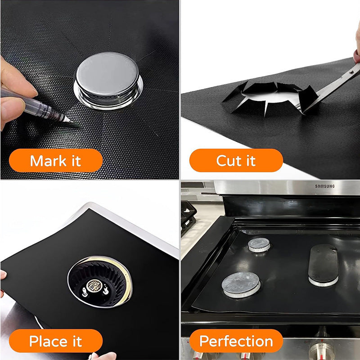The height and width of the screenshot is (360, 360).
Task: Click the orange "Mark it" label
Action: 55,161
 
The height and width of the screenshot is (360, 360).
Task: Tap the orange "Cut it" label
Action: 236,161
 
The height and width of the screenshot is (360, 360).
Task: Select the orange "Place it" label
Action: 55,341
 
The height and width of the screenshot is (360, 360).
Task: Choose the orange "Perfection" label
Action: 236,341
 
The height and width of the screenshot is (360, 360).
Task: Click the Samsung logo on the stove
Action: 324,186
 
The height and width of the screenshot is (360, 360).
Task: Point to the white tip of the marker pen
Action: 67,119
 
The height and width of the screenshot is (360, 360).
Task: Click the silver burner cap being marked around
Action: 108,81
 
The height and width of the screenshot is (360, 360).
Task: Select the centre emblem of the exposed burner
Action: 94,286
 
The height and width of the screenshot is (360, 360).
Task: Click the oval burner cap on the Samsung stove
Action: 323,265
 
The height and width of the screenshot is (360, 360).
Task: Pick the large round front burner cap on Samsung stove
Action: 241,285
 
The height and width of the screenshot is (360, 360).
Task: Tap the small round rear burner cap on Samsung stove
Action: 259,245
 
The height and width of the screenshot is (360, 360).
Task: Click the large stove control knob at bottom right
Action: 321,351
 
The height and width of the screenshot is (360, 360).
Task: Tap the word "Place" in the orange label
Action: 48,341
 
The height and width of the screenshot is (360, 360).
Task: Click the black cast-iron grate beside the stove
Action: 188,218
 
